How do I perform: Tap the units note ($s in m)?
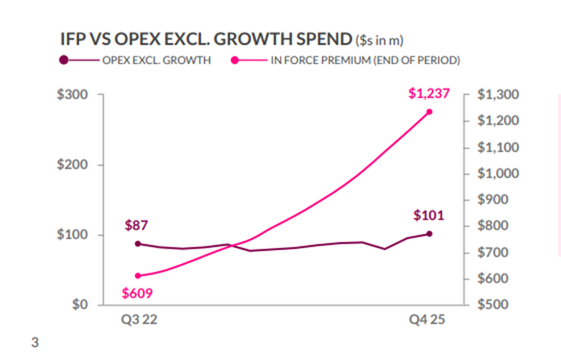pyautogui.click(x=379, y=40)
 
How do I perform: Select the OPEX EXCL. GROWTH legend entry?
pyautogui.click(x=156, y=60)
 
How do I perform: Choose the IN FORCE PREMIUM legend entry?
pyautogui.click(x=365, y=60)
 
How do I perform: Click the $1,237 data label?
pyautogui.click(x=429, y=93)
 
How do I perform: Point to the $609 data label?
pyautogui.click(x=137, y=293)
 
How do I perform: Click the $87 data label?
pyautogui.click(x=136, y=225)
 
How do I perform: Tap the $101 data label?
pyautogui.click(x=428, y=215)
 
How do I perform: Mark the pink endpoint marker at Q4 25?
pyautogui.click(x=429, y=112)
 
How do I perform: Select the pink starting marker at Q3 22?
pyautogui.click(x=138, y=275)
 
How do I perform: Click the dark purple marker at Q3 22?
pyautogui.click(x=138, y=244)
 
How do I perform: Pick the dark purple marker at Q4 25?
pyautogui.click(x=429, y=233)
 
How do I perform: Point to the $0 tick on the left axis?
pyautogui.click(x=78, y=304)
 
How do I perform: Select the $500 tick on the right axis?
pyautogui.click(x=494, y=304)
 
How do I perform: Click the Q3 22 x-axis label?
pyautogui.click(x=138, y=320)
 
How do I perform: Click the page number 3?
pyautogui.click(x=35, y=343)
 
